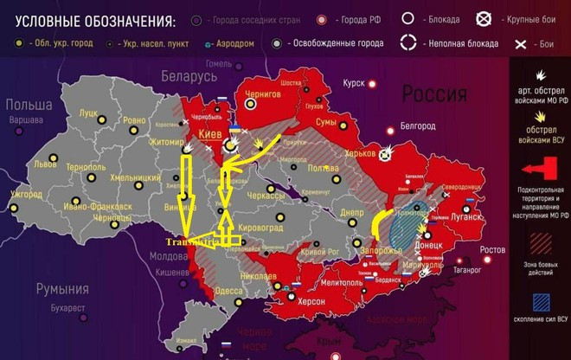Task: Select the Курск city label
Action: pos(354,83)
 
